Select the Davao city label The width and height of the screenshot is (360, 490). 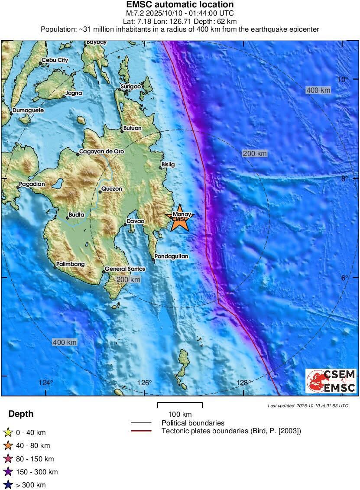(136, 221)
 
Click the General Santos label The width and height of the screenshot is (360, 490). (125, 269)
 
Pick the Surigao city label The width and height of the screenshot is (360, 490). (131, 87)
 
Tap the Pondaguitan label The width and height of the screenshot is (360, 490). (172, 256)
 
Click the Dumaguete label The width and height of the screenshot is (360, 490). (28, 110)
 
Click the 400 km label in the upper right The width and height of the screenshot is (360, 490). (318, 90)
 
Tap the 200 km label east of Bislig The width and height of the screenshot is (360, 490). (255, 153)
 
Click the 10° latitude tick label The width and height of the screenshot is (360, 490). (343, 79)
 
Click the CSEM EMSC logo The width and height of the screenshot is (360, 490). (331, 381)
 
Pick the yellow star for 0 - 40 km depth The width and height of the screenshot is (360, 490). (8, 432)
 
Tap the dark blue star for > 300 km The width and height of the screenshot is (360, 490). (8, 485)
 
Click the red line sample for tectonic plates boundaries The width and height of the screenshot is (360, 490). (141, 431)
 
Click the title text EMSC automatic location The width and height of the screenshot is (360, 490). (180, 5)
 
